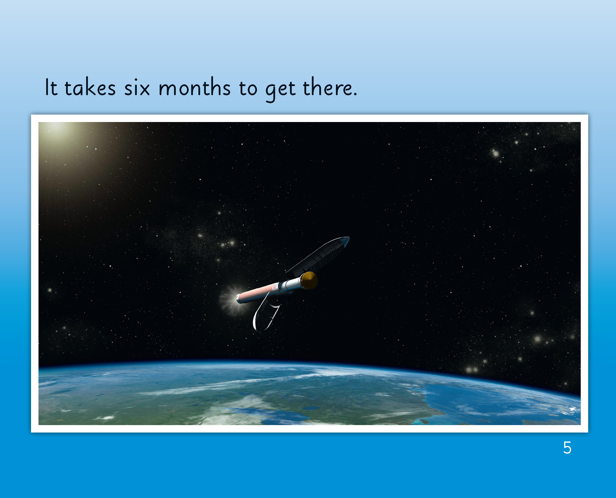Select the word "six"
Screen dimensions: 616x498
tap(137, 88)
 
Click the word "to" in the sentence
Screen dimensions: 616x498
tap(248, 88)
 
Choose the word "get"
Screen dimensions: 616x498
tap(280, 90)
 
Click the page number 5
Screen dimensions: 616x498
tap(567, 448)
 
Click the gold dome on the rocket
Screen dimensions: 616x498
tap(310, 280)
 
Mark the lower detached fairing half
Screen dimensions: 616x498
tap(266, 313)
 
